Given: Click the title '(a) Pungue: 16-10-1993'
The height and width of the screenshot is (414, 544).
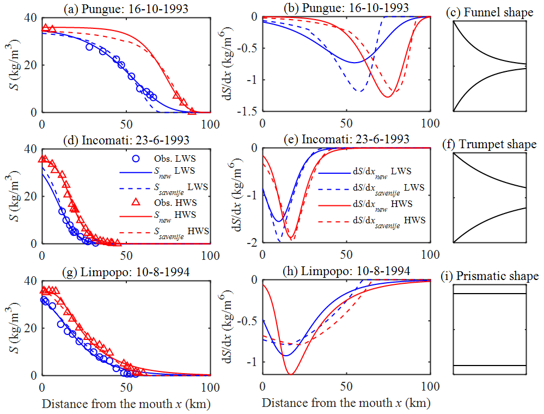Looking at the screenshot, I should click(126, 8).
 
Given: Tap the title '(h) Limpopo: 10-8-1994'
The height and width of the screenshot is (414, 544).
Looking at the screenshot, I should click(346, 271).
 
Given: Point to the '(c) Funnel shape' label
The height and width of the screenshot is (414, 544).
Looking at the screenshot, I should click(493, 13).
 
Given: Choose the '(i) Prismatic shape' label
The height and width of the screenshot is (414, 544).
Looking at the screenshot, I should click(493, 276).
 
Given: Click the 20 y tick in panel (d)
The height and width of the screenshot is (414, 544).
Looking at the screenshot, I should click(32, 196).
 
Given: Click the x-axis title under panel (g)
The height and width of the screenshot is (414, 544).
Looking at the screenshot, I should click(126, 404).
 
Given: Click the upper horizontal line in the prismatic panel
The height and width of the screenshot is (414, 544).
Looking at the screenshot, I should click(490, 294).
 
